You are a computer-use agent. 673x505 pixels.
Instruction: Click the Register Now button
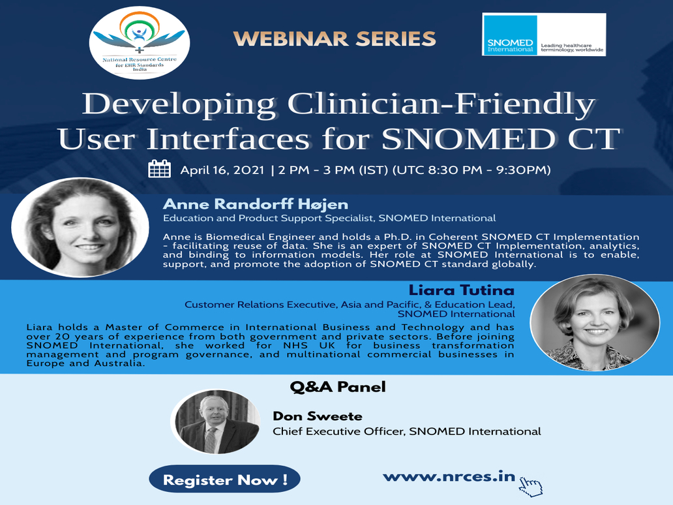click(224, 480)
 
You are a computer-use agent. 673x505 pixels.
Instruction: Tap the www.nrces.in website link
click(449, 477)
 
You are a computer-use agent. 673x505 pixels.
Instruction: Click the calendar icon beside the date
click(159, 169)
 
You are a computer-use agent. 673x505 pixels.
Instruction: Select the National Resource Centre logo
click(140, 43)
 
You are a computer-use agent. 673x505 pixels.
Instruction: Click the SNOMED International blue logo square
click(510, 35)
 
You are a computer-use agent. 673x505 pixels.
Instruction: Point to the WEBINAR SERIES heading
click(335, 38)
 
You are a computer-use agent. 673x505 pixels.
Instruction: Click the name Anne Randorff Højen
click(256, 204)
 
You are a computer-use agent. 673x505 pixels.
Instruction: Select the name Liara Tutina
click(462, 290)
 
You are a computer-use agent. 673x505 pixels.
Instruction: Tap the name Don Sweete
click(318, 416)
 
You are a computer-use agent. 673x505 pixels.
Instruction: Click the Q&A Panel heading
click(338, 387)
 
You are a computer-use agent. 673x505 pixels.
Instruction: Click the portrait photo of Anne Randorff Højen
click(80, 227)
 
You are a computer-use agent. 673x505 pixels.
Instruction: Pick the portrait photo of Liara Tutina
click(595, 322)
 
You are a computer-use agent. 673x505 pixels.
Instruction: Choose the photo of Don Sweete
click(215, 421)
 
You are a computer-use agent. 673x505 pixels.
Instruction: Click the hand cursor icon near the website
click(531, 487)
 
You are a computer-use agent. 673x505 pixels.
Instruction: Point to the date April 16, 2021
click(222, 170)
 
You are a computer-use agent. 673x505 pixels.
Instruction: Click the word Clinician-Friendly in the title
click(441, 104)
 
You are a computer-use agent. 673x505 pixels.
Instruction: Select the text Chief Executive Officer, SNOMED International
click(407, 431)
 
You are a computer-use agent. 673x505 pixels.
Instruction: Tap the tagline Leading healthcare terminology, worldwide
click(572, 48)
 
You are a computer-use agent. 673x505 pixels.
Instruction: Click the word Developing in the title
click(179, 104)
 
